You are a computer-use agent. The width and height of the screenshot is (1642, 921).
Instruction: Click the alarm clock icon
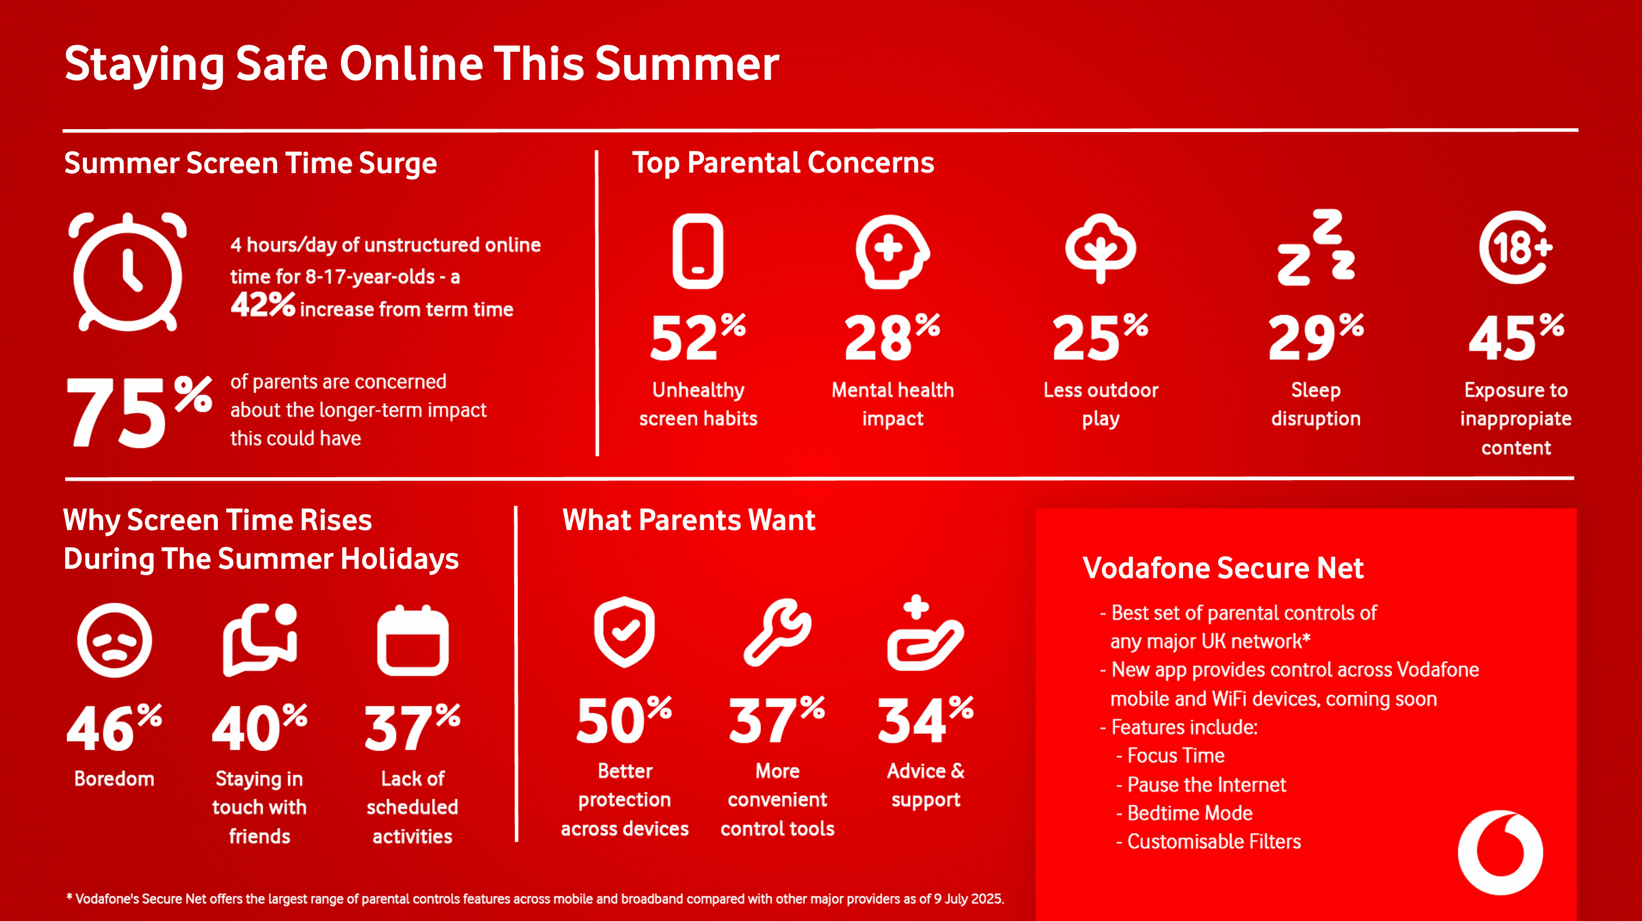coord(127,272)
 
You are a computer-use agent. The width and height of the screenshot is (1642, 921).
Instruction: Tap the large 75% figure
coord(139,411)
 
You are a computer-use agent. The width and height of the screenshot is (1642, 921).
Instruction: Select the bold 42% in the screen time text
coord(262,304)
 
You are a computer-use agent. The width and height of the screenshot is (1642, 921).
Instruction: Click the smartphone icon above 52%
coord(698,251)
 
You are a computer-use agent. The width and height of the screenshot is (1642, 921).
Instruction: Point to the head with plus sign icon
coord(892,251)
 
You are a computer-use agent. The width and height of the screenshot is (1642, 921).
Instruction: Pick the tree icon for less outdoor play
coord(1100,248)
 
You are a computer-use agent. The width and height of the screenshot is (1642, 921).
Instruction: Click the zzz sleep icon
coord(1316,247)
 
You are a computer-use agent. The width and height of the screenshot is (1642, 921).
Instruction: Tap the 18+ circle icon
coord(1516,247)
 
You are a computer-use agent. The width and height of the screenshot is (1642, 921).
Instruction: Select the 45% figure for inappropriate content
coord(1516,336)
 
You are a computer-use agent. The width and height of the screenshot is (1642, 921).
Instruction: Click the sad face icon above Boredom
coord(114,640)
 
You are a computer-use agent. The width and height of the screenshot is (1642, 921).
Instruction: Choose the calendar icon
coord(413,640)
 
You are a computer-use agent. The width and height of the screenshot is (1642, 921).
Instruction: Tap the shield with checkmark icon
coord(625,632)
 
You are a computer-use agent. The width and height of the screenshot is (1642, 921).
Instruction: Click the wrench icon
coord(778,632)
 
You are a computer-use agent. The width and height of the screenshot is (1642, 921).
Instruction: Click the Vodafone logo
coord(1501,852)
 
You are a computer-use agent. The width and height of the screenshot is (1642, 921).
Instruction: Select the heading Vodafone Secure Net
coord(1223,567)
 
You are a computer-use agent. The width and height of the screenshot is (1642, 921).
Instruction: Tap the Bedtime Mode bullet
coord(1184,812)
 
